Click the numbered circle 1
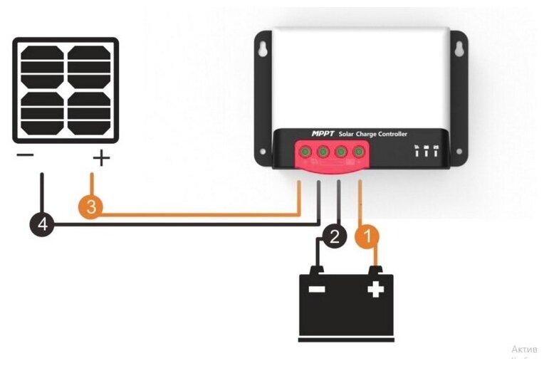(368, 235)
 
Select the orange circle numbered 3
(90, 208)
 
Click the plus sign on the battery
(375, 288)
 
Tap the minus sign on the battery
(316, 289)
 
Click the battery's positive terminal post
(376, 269)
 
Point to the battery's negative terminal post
(315, 269)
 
